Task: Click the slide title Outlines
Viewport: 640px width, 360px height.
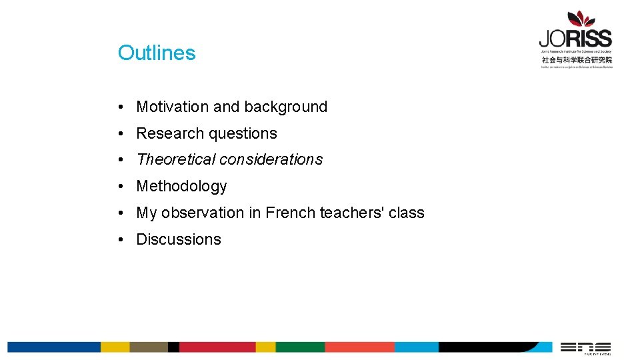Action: click(x=157, y=53)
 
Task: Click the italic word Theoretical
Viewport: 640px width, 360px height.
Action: click(x=176, y=159)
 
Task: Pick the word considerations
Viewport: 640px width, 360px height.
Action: click(x=271, y=159)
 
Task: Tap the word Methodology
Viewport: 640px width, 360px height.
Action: click(x=181, y=186)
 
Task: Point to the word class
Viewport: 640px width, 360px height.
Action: click(x=407, y=213)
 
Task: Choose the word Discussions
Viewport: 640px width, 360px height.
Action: click(x=179, y=239)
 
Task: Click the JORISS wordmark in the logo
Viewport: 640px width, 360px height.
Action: click(x=575, y=39)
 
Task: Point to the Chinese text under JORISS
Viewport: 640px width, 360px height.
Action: click(x=577, y=59)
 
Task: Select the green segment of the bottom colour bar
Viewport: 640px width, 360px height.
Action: click(x=300, y=347)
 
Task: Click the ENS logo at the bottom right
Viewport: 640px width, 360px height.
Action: click(x=585, y=347)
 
